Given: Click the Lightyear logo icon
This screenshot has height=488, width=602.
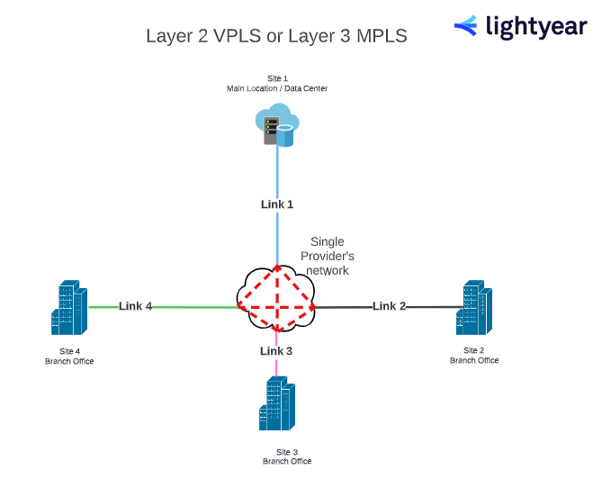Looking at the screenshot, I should [x=466, y=26].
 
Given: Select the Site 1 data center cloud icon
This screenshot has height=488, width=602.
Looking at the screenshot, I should [x=276, y=124].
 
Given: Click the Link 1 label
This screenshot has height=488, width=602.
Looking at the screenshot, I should [x=277, y=204].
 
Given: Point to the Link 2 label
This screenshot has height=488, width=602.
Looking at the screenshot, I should [x=390, y=306].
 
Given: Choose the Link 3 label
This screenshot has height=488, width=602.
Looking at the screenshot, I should [x=276, y=351].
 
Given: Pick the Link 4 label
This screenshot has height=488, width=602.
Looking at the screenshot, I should [x=136, y=306].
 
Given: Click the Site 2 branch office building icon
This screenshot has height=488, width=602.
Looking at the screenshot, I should [x=474, y=309].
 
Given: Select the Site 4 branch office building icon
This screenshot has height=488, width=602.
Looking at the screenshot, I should [x=69, y=309].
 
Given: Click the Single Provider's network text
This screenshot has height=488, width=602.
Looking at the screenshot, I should [x=327, y=256].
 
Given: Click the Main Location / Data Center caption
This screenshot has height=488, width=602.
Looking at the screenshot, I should [x=277, y=89].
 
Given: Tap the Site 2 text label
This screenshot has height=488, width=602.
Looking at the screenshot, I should [x=474, y=350].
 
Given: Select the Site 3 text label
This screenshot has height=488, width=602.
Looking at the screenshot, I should [x=287, y=451].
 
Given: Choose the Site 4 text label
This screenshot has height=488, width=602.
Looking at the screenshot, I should [x=69, y=351].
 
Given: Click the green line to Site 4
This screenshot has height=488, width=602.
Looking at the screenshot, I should [x=193, y=307].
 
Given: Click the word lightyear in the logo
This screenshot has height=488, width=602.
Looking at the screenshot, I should [x=536, y=27].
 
